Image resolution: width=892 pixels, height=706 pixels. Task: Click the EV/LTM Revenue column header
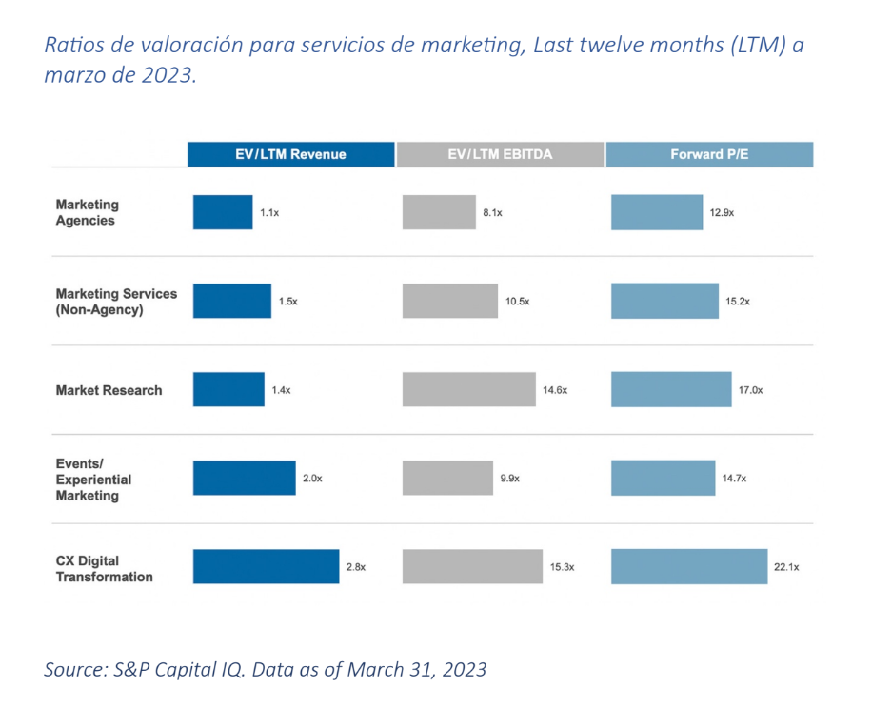click(x=290, y=154)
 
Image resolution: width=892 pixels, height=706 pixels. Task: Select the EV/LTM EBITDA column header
click(x=500, y=154)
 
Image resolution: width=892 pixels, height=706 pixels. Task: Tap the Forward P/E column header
click(x=709, y=154)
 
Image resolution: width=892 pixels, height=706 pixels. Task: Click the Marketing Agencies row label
click(x=87, y=212)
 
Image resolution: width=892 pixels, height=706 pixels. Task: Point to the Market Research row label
click(x=109, y=390)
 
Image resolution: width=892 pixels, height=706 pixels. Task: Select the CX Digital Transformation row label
click(x=104, y=568)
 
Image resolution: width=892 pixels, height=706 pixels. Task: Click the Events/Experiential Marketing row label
click(x=93, y=480)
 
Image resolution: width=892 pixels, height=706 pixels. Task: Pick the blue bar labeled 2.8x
click(x=266, y=566)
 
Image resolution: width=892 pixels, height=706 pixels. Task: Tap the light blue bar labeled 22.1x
click(x=688, y=566)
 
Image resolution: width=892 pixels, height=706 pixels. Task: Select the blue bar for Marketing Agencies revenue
click(x=223, y=212)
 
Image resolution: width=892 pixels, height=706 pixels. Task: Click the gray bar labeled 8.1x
click(x=438, y=212)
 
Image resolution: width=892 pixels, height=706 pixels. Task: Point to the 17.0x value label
click(x=749, y=390)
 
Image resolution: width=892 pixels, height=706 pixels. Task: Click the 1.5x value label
click(x=287, y=301)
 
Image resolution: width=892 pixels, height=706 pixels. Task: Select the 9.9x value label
click(x=509, y=479)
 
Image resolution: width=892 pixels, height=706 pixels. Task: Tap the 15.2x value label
click(x=737, y=301)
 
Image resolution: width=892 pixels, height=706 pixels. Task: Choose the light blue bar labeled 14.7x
click(x=663, y=478)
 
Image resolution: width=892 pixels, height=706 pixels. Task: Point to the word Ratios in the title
click(x=72, y=46)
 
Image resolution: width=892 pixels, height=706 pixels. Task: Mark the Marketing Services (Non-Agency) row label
click(x=116, y=301)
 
